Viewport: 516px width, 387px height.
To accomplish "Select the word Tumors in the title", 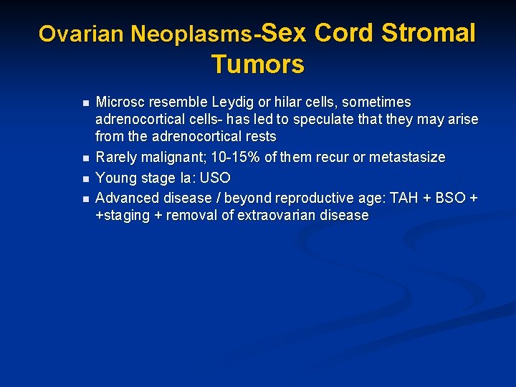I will [x=258, y=64].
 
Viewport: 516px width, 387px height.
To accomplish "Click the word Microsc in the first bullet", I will [x=119, y=102].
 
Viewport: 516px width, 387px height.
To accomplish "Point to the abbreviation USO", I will [x=216, y=177].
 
